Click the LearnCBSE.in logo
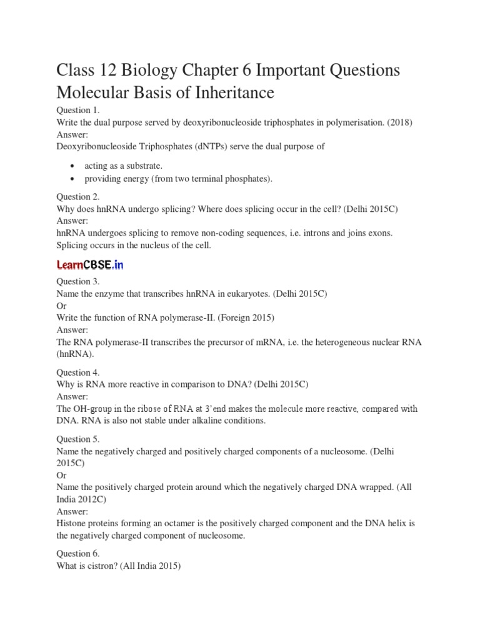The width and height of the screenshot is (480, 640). (90, 265)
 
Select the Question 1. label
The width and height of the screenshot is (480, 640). (78, 111)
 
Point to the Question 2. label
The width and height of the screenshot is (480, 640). (78, 197)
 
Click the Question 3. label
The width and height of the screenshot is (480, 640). (78, 282)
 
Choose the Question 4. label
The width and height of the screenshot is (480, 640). (78, 372)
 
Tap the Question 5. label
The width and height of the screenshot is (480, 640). (78, 439)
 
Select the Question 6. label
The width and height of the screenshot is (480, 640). (78, 554)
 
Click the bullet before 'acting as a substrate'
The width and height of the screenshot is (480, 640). (74, 166)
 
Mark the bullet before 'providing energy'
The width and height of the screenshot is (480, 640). (74, 179)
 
